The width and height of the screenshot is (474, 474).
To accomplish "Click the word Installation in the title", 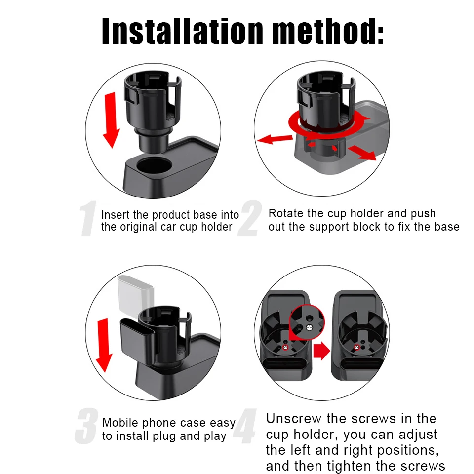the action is tap(182, 31).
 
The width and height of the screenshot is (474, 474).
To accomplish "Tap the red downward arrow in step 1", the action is tap(111, 120).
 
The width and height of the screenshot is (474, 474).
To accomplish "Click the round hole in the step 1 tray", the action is tap(154, 165).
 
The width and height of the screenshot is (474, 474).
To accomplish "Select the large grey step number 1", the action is tap(88, 218).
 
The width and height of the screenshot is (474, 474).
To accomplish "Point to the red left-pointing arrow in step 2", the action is tap(275, 139).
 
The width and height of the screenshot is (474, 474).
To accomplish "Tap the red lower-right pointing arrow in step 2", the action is tap(362, 153).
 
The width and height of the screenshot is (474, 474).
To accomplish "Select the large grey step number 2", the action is tap(250, 218).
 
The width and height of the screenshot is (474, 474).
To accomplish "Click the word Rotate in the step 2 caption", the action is tap(285, 213).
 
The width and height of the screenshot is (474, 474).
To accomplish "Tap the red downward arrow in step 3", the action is tap(104, 345).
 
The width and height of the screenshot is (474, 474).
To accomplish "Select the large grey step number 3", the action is tap(86, 426).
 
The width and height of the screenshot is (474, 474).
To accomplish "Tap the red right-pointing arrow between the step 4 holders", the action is tap(321, 351).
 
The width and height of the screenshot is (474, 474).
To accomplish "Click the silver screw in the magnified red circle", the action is tap(309, 327).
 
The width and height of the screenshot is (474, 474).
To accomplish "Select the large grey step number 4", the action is tap(245, 426).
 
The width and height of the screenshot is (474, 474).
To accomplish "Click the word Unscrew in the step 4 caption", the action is tap(293, 419).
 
